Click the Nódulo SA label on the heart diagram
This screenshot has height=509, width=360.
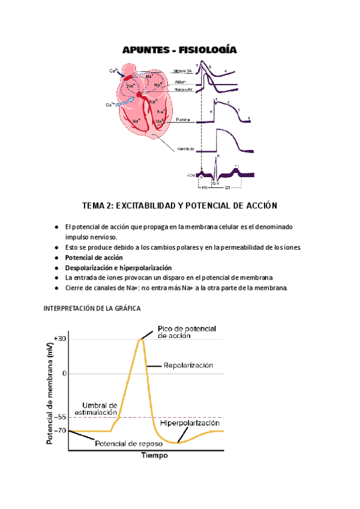(x=184, y=71)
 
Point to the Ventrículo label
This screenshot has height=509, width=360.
(x=184, y=149)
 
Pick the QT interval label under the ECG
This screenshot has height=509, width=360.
(x=228, y=187)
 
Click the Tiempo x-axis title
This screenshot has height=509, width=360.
(x=155, y=456)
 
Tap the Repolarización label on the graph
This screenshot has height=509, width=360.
(x=188, y=364)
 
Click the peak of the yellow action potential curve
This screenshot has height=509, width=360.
(x=141, y=339)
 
